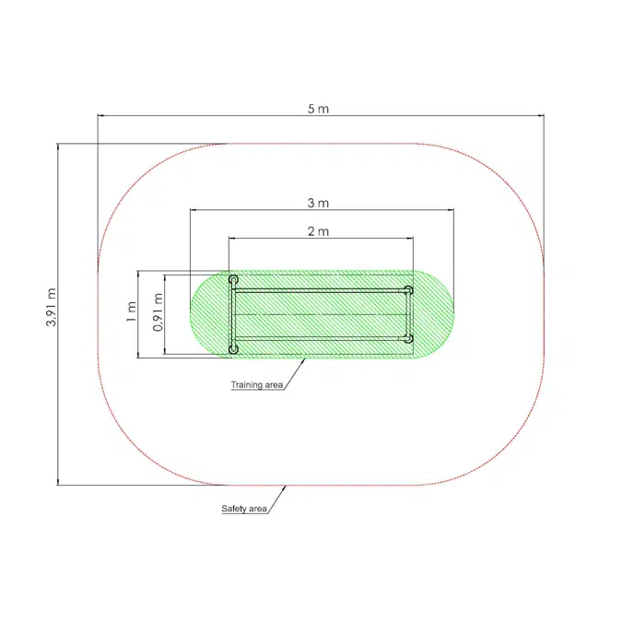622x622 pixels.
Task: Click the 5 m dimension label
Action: point(319,108)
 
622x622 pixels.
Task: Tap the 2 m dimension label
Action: point(318,230)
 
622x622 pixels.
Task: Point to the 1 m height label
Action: point(133,312)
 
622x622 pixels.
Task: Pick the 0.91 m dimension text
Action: point(158,312)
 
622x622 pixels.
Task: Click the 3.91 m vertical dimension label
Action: point(52,307)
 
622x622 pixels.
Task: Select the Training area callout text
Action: point(257,384)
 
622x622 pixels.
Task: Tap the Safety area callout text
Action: point(244,509)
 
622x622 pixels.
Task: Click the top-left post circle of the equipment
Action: point(234,279)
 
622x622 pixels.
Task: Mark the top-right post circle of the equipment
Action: point(408,290)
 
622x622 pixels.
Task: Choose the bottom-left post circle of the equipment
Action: point(234,348)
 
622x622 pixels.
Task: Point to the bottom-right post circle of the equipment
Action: point(408,338)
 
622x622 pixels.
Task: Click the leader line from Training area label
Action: point(296,372)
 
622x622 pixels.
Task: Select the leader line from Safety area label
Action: point(279,497)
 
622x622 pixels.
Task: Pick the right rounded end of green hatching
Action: point(440,314)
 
